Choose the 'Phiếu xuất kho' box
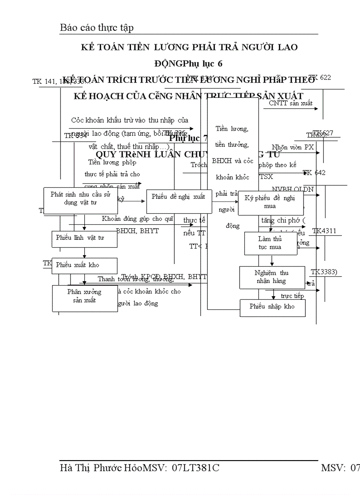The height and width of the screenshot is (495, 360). (84, 265)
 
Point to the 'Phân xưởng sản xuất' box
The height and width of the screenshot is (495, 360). (84, 298)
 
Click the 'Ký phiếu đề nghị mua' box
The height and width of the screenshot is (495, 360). (270, 202)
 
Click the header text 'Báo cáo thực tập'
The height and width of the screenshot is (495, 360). (97, 28)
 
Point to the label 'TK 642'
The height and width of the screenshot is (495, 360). (315, 173)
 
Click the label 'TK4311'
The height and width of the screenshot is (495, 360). (324, 231)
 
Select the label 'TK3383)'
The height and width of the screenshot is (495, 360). (324, 272)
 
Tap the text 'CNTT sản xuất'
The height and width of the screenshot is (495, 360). (291, 104)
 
